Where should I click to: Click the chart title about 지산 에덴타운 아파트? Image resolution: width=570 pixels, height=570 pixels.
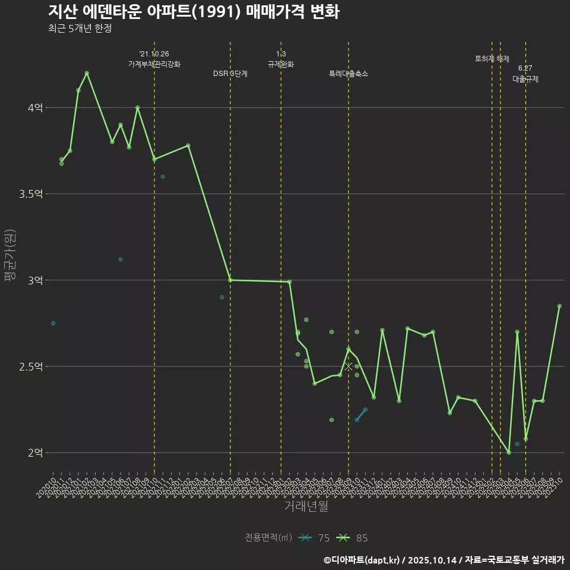click(194, 12)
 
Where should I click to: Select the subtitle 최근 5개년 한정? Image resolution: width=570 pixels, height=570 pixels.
click(80, 28)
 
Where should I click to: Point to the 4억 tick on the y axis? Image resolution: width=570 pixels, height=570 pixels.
click(35, 108)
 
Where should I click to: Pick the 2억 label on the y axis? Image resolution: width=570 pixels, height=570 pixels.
click(35, 453)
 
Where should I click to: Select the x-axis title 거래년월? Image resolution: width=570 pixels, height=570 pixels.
click(306, 506)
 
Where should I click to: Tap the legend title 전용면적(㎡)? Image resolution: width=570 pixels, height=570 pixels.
click(268, 538)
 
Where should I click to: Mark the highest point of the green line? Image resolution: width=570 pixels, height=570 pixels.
click(87, 73)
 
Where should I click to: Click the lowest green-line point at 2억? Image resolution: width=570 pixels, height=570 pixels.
click(509, 452)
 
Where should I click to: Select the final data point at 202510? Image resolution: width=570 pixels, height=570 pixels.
click(559, 306)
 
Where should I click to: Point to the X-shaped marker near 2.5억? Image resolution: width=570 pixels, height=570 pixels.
click(349, 366)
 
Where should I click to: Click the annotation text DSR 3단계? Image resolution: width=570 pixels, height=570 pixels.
click(230, 74)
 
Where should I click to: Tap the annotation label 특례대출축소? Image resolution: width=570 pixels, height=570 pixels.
click(349, 74)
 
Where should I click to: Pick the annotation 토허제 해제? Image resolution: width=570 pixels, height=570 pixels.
click(492, 59)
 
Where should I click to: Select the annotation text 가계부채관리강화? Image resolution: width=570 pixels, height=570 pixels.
click(154, 64)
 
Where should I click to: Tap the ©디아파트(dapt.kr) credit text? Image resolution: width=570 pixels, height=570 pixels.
click(362, 559)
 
